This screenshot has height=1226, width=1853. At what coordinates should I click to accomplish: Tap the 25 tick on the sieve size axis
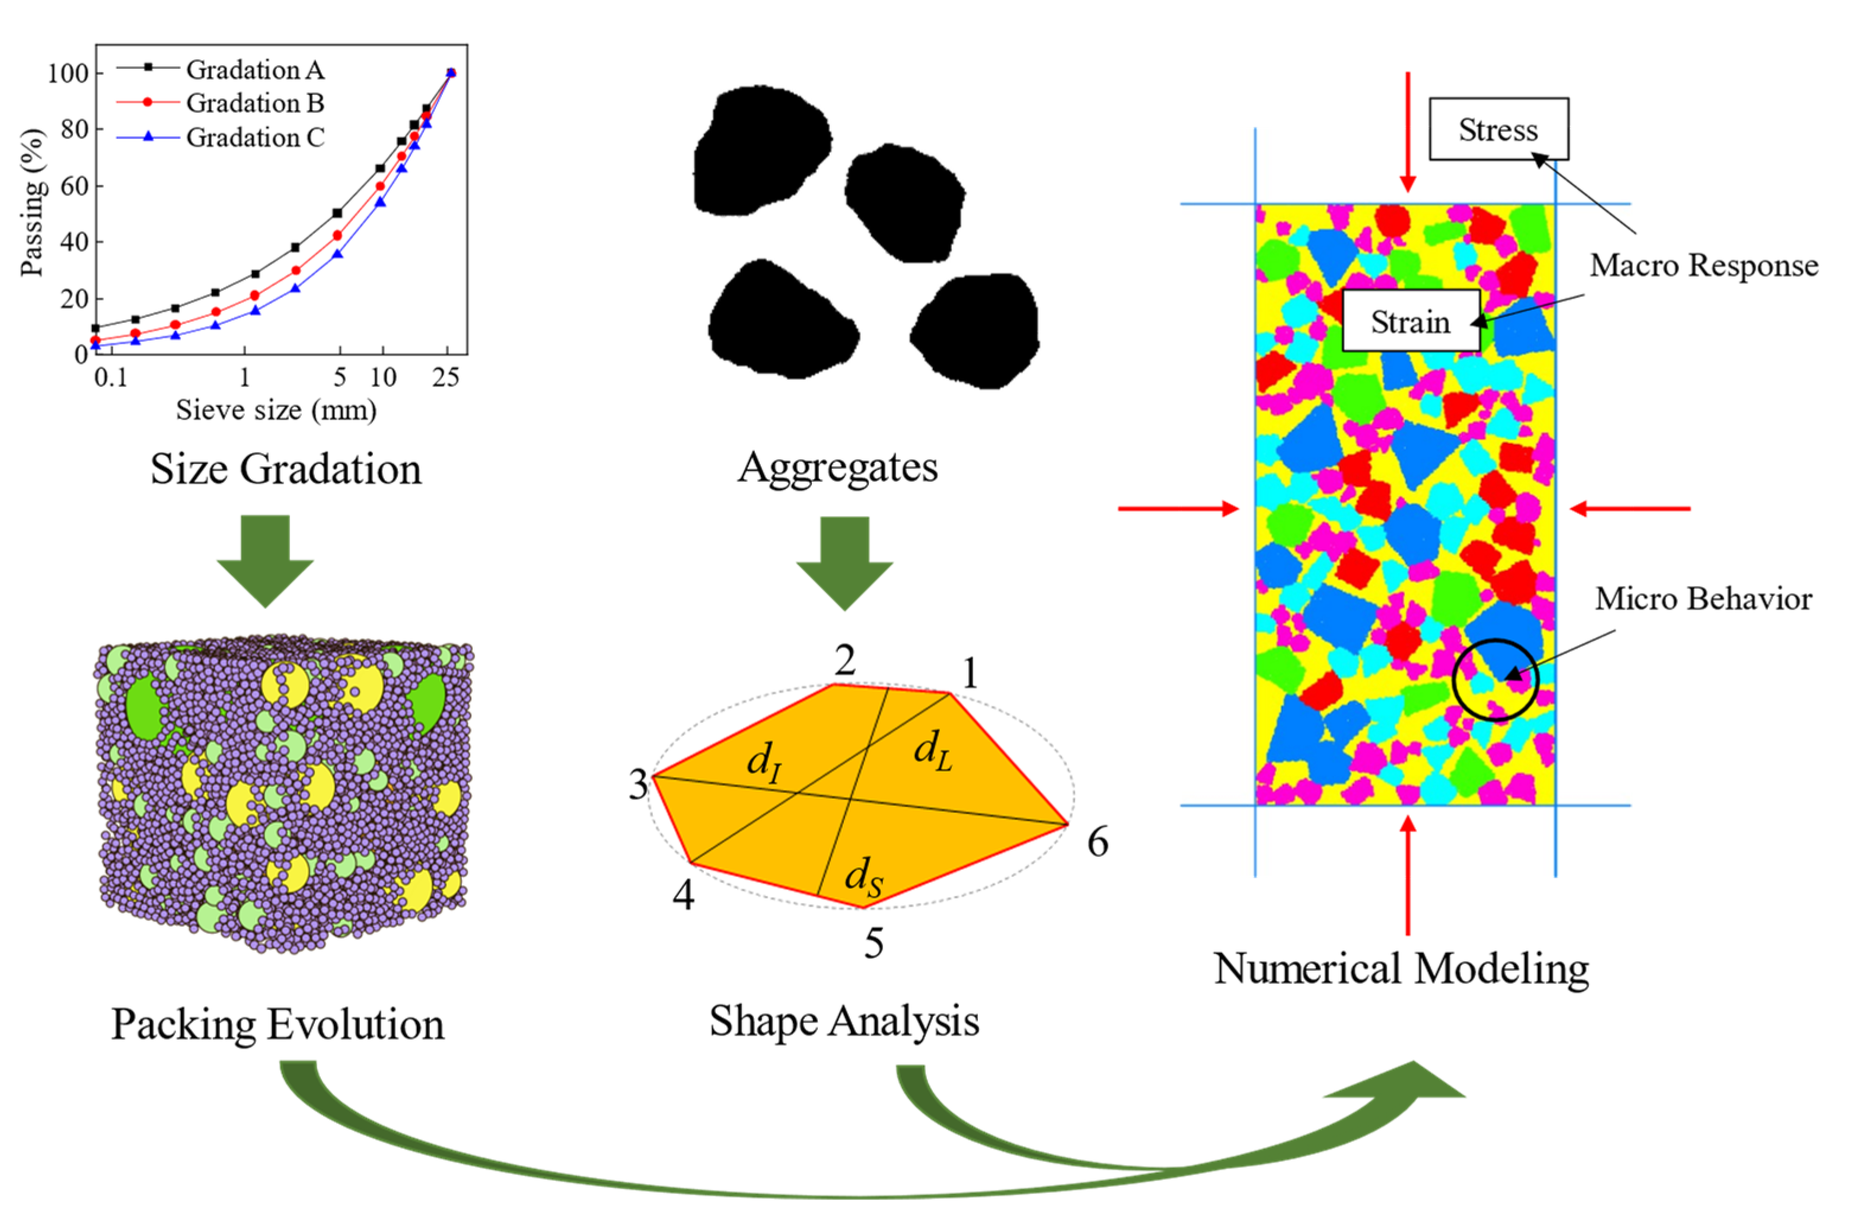tap(446, 377)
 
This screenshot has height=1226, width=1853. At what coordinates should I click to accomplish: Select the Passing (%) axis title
tap(32, 201)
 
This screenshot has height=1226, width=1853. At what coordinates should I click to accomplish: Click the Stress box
tap(1498, 129)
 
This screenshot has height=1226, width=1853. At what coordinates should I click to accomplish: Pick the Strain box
tap(1410, 321)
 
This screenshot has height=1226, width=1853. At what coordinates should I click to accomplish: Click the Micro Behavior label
tap(1704, 600)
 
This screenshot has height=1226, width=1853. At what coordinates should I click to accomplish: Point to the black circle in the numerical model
tap(1495, 680)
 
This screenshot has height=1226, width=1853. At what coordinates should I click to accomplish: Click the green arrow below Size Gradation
tap(265, 560)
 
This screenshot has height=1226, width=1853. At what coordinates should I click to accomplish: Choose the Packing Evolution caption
tap(278, 1025)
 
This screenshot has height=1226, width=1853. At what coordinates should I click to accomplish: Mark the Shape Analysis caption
tap(844, 1021)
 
